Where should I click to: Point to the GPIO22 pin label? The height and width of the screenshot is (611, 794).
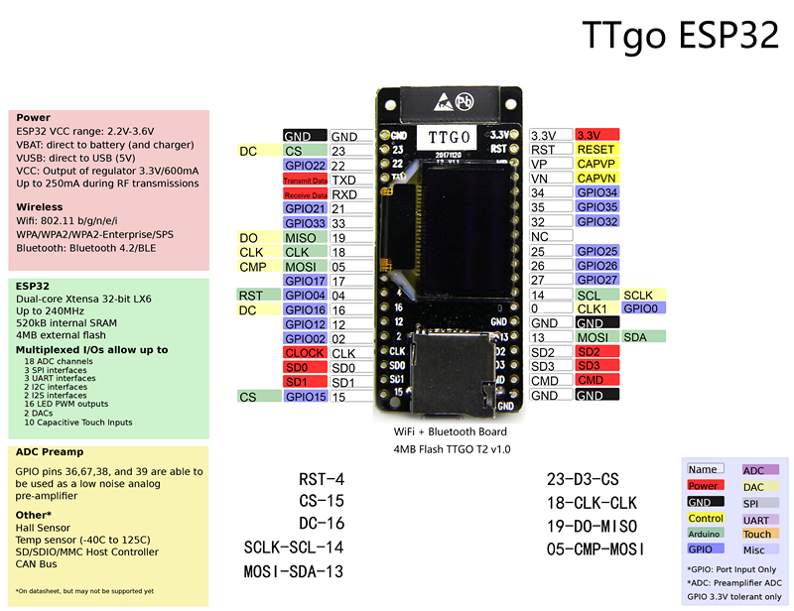pyautogui.click(x=304, y=166)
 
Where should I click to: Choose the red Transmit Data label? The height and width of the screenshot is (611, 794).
pyautogui.click(x=304, y=181)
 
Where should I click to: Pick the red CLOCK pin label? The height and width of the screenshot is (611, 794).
pyautogui.click(x=304, y=353)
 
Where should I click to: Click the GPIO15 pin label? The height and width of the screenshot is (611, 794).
pyautogui.click(x=304, y=397)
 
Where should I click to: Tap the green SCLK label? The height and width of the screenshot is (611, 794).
pyautogui.click(x=638, y=295)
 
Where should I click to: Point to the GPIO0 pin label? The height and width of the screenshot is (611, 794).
pyautogui.click(x=643, y=308)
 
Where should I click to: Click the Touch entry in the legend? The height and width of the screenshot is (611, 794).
pyautogui.click(x=757, y=534)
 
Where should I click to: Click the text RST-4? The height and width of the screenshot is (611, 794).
pyautogui.click(x=322, y=479)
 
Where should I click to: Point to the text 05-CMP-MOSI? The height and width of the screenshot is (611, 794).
pyautogui.click(x=595, y=549)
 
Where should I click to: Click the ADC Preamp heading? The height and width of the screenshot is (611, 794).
pyautogui.click(x=49, y=452)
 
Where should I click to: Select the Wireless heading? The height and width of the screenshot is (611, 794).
pyautogui.click(x=39, y=207)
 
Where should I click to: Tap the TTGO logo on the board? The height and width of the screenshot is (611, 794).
pyautogui.click(x=448, y=135)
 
